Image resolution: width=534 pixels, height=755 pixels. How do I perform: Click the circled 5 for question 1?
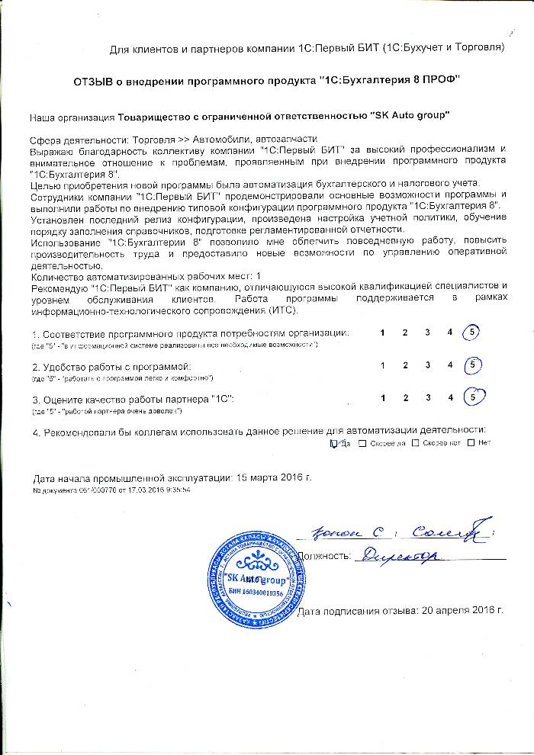[x=474, y=333]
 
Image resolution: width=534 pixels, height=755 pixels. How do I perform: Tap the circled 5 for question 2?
[x=474, y=365]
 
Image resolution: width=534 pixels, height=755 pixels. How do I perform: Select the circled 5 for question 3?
[x=474, y=397]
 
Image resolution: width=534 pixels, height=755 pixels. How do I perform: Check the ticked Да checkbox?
[x=333, y=442]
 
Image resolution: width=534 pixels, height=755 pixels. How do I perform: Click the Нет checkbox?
[x=471, y=442]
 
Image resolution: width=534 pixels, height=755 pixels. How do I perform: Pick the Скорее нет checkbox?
[x=415, y=442]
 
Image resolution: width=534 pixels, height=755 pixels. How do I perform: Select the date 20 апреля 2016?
[x=461, y=611]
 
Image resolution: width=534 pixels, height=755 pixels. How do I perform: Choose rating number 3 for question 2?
[x=428, y=365]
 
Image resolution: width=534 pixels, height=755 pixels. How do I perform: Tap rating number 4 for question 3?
[x=451, y=397]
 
